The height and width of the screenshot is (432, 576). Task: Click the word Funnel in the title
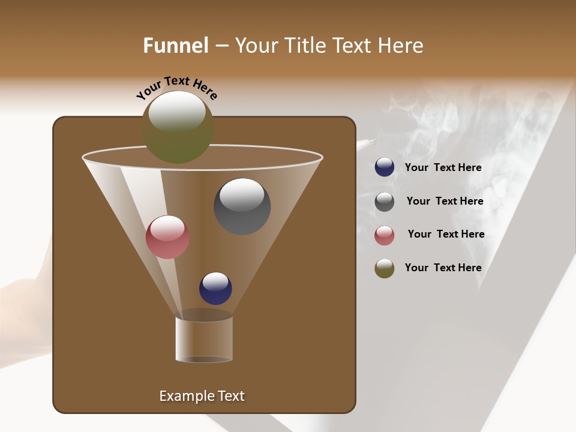pyautogui.click(x=176, y=46)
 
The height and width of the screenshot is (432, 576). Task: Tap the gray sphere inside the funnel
pyautogui.click(x=242, y=207)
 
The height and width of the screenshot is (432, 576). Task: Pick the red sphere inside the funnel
pyautogui.click(x=167, y=238)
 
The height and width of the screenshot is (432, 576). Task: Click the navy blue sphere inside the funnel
pyautogui.click(x=215, y=289)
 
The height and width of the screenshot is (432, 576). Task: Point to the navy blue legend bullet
pyautogui.click(x=385, y=167)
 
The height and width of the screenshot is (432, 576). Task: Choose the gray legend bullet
pyautogui.click(x=385, y=202)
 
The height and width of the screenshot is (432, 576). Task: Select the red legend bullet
pyautogui.click(x=385, y=235)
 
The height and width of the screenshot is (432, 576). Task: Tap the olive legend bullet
pyautogui.click(x=385, y=268)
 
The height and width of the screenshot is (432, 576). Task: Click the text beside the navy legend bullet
pyautogui.click(x=443, y=167)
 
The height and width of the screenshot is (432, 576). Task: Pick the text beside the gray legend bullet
pyautogui.click(x=445, y=201)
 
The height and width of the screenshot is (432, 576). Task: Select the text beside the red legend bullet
pyautogui.click(x=446, y=234)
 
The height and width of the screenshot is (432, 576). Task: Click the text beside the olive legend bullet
pyautogui.click(x=443, y=268)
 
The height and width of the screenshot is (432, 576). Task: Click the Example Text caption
pyautogui.click(x=202, y=396)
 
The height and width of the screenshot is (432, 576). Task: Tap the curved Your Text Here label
pyautogui.click(x=177, y=88)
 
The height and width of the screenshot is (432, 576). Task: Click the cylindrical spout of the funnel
pyautogui.click(x=204, y=339)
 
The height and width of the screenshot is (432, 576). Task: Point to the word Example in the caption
pyautogui.click(x=182, y=396)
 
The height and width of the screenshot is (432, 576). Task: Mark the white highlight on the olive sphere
pyautogui.click(x=177, y=112)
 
